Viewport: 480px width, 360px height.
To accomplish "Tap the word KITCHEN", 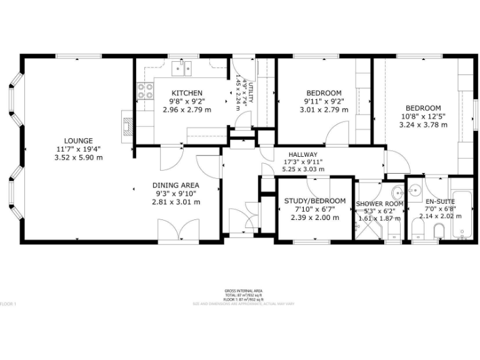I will coord(187,93).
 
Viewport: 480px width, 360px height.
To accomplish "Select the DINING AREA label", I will coord(176,185).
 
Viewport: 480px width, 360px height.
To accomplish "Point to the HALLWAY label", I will coord(303,154).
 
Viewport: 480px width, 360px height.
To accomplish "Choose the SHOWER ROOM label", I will coord(379,204).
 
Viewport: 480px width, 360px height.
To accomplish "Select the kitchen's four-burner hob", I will coord(145,92).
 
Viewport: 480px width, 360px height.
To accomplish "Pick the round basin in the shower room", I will coord(397,192).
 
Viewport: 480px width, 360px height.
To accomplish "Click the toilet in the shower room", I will coord(394,232).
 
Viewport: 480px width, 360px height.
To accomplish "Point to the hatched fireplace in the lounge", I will coord(127,126).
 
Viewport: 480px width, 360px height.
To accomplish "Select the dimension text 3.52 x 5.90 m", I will coord(78,157).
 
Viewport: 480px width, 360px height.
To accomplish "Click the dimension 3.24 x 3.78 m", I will coord(423,124).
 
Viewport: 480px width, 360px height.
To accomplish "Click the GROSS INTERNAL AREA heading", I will coord(243,291).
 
